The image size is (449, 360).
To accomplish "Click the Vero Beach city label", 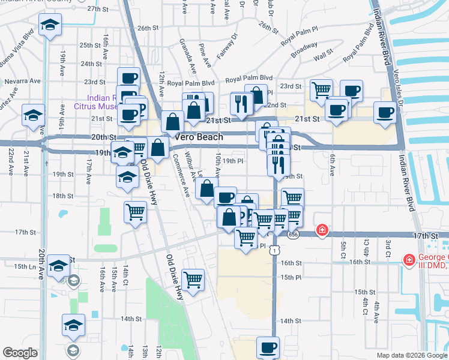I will click(199, 137).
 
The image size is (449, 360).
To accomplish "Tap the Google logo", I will click(20, 353).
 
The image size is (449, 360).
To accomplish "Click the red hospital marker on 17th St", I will click(322, 230).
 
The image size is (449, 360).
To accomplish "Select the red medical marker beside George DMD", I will click(409, 259).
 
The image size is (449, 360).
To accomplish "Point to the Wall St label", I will click(323, 55).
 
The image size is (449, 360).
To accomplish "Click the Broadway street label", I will click(304, 49).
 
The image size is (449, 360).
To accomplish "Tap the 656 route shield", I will click(292, 235).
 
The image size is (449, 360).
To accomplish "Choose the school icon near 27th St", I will click(50, 25).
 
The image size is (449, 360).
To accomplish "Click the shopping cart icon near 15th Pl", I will click(193, 279).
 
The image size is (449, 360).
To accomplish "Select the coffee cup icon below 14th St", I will click(268, 347).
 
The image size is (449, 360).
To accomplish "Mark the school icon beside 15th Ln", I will click(59, 266).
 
